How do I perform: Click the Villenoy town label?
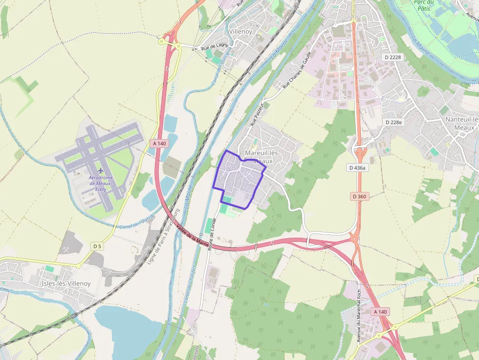coord(240,32)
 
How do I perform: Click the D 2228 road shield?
coord(392,57)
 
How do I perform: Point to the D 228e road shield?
coord(393,122)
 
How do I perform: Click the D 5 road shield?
coord(97,246)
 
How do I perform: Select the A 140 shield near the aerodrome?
coord(159,144)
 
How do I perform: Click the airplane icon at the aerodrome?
coord(101,170)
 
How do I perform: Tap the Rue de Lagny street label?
coord(215,48)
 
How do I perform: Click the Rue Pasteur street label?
coord(257,114)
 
